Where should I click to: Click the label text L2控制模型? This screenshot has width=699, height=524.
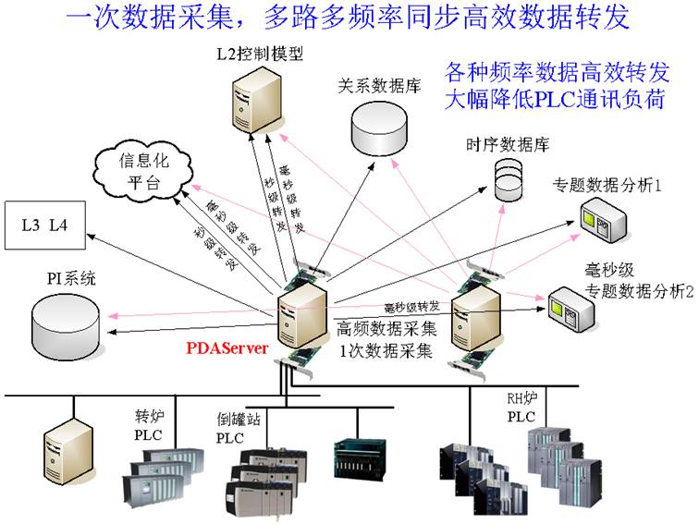(x=251, y=55)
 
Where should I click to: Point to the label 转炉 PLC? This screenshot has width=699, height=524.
(x=150, y=426)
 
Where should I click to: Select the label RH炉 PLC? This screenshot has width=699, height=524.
(x=521, y=409)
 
